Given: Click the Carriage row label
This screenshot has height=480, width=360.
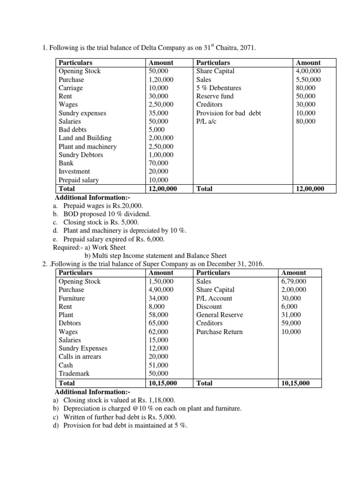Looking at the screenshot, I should coord(70,88).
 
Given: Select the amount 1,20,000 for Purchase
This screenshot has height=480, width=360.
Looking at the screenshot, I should coord(161,80).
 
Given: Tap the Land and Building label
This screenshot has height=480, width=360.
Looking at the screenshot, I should coord(85,138).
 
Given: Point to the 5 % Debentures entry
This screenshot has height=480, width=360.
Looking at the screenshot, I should coord(218,88).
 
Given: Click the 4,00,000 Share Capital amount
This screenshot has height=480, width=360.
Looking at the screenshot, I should coord(308,71).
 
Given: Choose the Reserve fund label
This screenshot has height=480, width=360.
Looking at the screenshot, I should coord(215,97).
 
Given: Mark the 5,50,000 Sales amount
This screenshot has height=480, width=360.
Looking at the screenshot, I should coord(308,80).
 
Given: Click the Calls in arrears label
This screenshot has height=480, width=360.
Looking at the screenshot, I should coord(80,357).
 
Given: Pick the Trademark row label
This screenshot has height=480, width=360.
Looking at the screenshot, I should coord(74,374).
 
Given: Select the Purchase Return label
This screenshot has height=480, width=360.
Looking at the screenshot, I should coord(219,332).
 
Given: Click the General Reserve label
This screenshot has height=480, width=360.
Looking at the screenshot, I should coord(219,315).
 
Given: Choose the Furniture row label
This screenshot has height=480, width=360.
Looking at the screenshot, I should coord(72,298).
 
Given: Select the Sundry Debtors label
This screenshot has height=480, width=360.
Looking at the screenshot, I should coord(81,155).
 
